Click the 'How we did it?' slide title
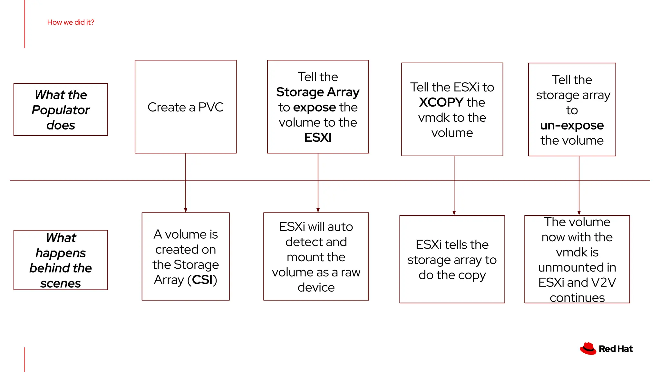coord(71,22)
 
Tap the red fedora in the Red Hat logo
coord(588,349)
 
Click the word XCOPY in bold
coord(441,102)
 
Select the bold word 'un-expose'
coord(572,125)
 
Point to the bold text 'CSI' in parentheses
coord(202,280)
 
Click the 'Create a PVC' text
coord(185,107)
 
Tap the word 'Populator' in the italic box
coord(61,110)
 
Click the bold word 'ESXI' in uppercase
coord(318,138)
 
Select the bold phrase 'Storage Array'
coord(318,92)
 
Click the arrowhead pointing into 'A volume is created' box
coord(186,210)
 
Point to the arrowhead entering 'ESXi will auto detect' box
coord(318,210)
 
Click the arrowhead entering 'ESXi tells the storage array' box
coord(454,213)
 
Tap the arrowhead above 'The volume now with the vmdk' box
coord(579,213)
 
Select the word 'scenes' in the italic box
coord(61,284)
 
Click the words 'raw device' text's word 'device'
coord(316,287)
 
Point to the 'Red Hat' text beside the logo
coord(616,349)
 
